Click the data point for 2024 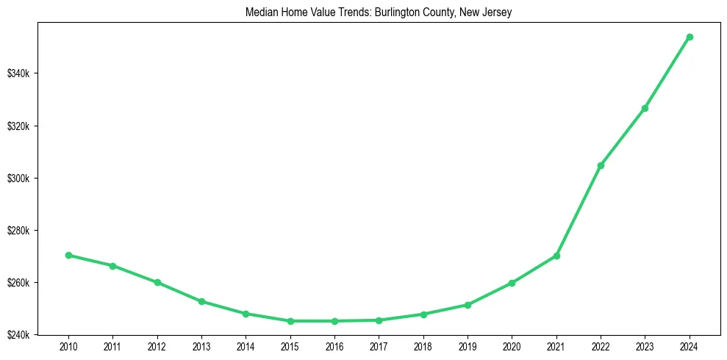(690, 37)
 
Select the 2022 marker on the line (601, 165)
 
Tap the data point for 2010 (68, 255)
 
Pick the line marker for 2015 (290, 321)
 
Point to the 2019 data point (468, 305)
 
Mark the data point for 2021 (556, 256)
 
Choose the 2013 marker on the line (201, 301)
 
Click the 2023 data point (645, 108)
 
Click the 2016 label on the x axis (334, 345)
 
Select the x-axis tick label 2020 (512, 345)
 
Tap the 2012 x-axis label (157, 345)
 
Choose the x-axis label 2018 (423, 345)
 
